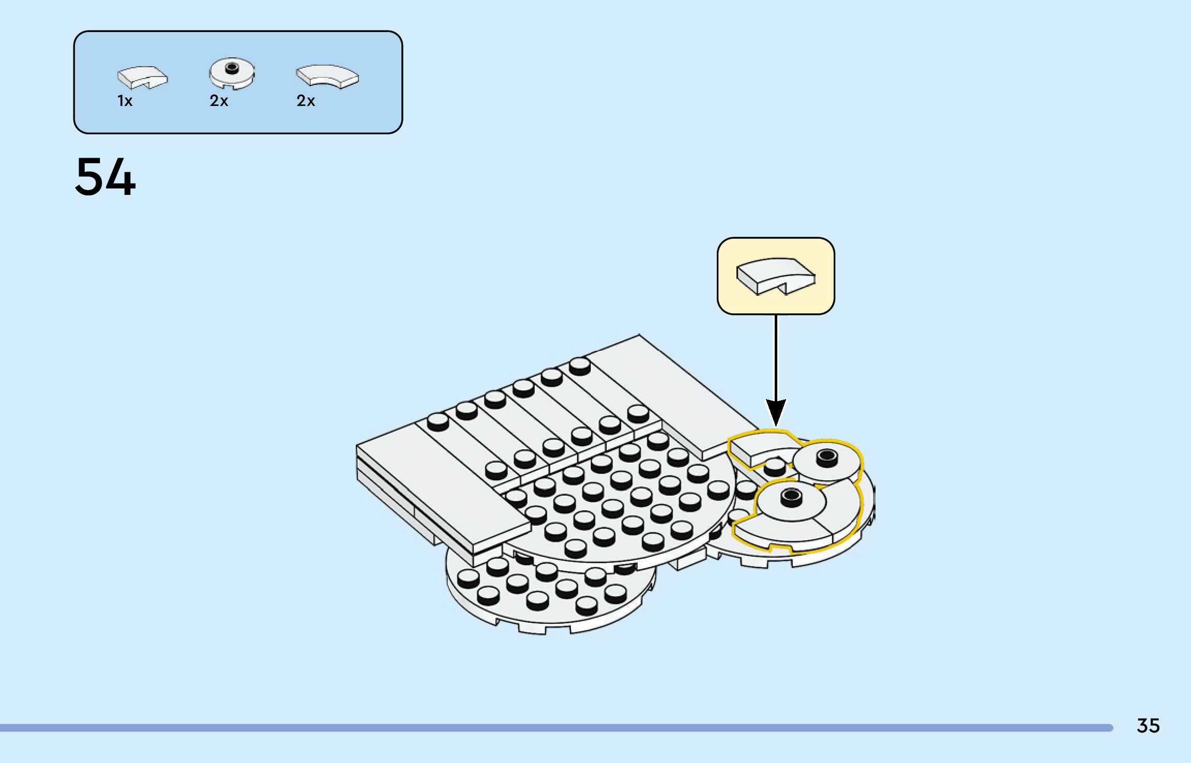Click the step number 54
pyautogui.click(x=105, y=177)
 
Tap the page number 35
pyautogui.click(x=1148, y=726)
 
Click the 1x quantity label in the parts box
pyautogui.click(x=125, y=101)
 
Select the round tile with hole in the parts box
pyautogui.click(x=232, y=73)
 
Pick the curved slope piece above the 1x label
pyautogui.click(x=142, y=77)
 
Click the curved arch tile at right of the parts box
pyautogui.click(x=327, y=76)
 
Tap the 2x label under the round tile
pyautogui.click(x=219, y=101)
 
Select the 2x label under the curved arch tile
pyautogui.click(x=306, y=101)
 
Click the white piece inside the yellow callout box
pyautogui.click(x=775, y=276)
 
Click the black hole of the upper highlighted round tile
pyautogui.click(x=826, y=456)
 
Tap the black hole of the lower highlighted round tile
pyautogui.click(x=791, y=497)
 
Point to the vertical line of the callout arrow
pyautogui.click(x=776, y=357)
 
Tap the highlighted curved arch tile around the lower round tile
pyautogui.click(x=807, y=532)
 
